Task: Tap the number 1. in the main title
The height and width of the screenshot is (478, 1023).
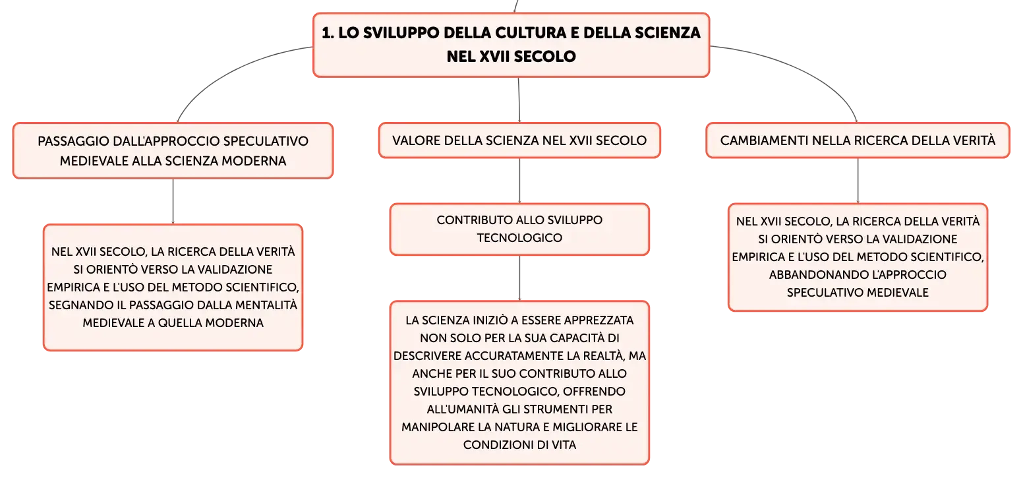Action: click(x=328, y=33)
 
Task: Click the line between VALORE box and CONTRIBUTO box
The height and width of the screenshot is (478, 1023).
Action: click(x=519, y=181)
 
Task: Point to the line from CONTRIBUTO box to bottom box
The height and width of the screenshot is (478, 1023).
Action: click(x=519, y=278)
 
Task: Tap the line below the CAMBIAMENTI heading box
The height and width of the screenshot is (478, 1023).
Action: click(x=858, y=181)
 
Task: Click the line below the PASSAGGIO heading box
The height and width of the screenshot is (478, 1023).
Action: click(x=173, y=201)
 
